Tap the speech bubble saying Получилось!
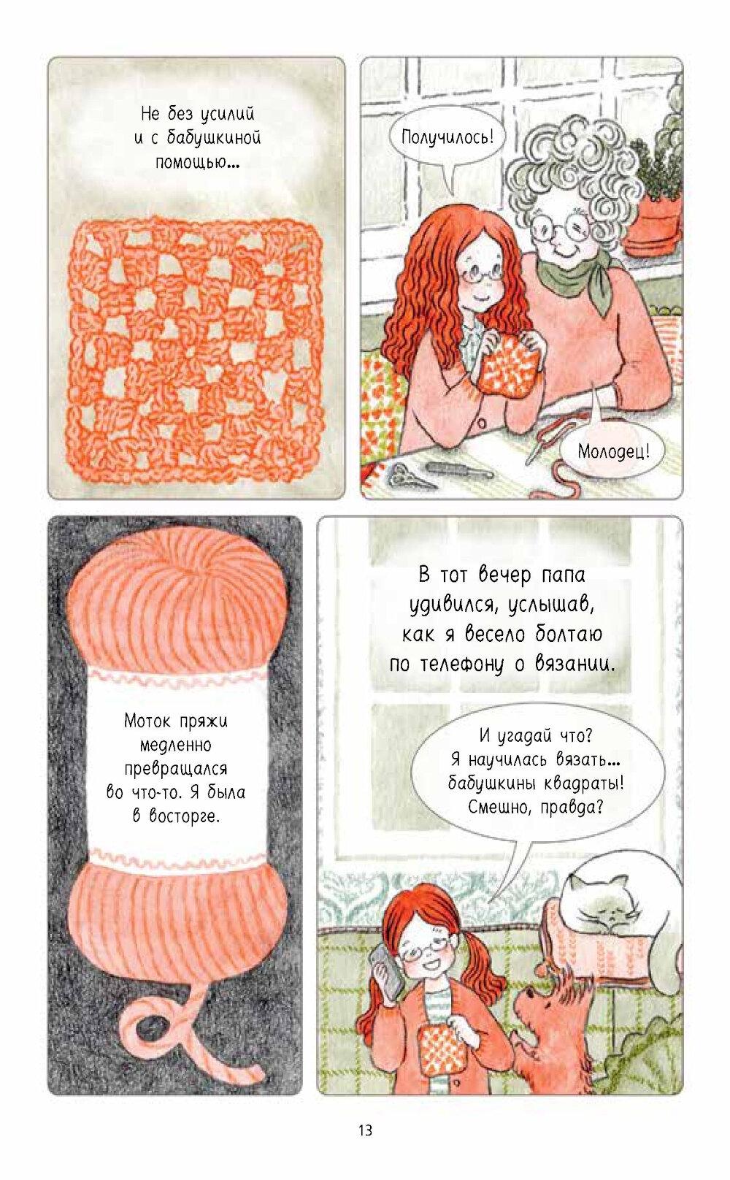tap(446, 139)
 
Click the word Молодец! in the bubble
tap(613, 451)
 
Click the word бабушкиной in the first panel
tap(214, 138)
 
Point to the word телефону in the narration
tap(464, 664)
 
